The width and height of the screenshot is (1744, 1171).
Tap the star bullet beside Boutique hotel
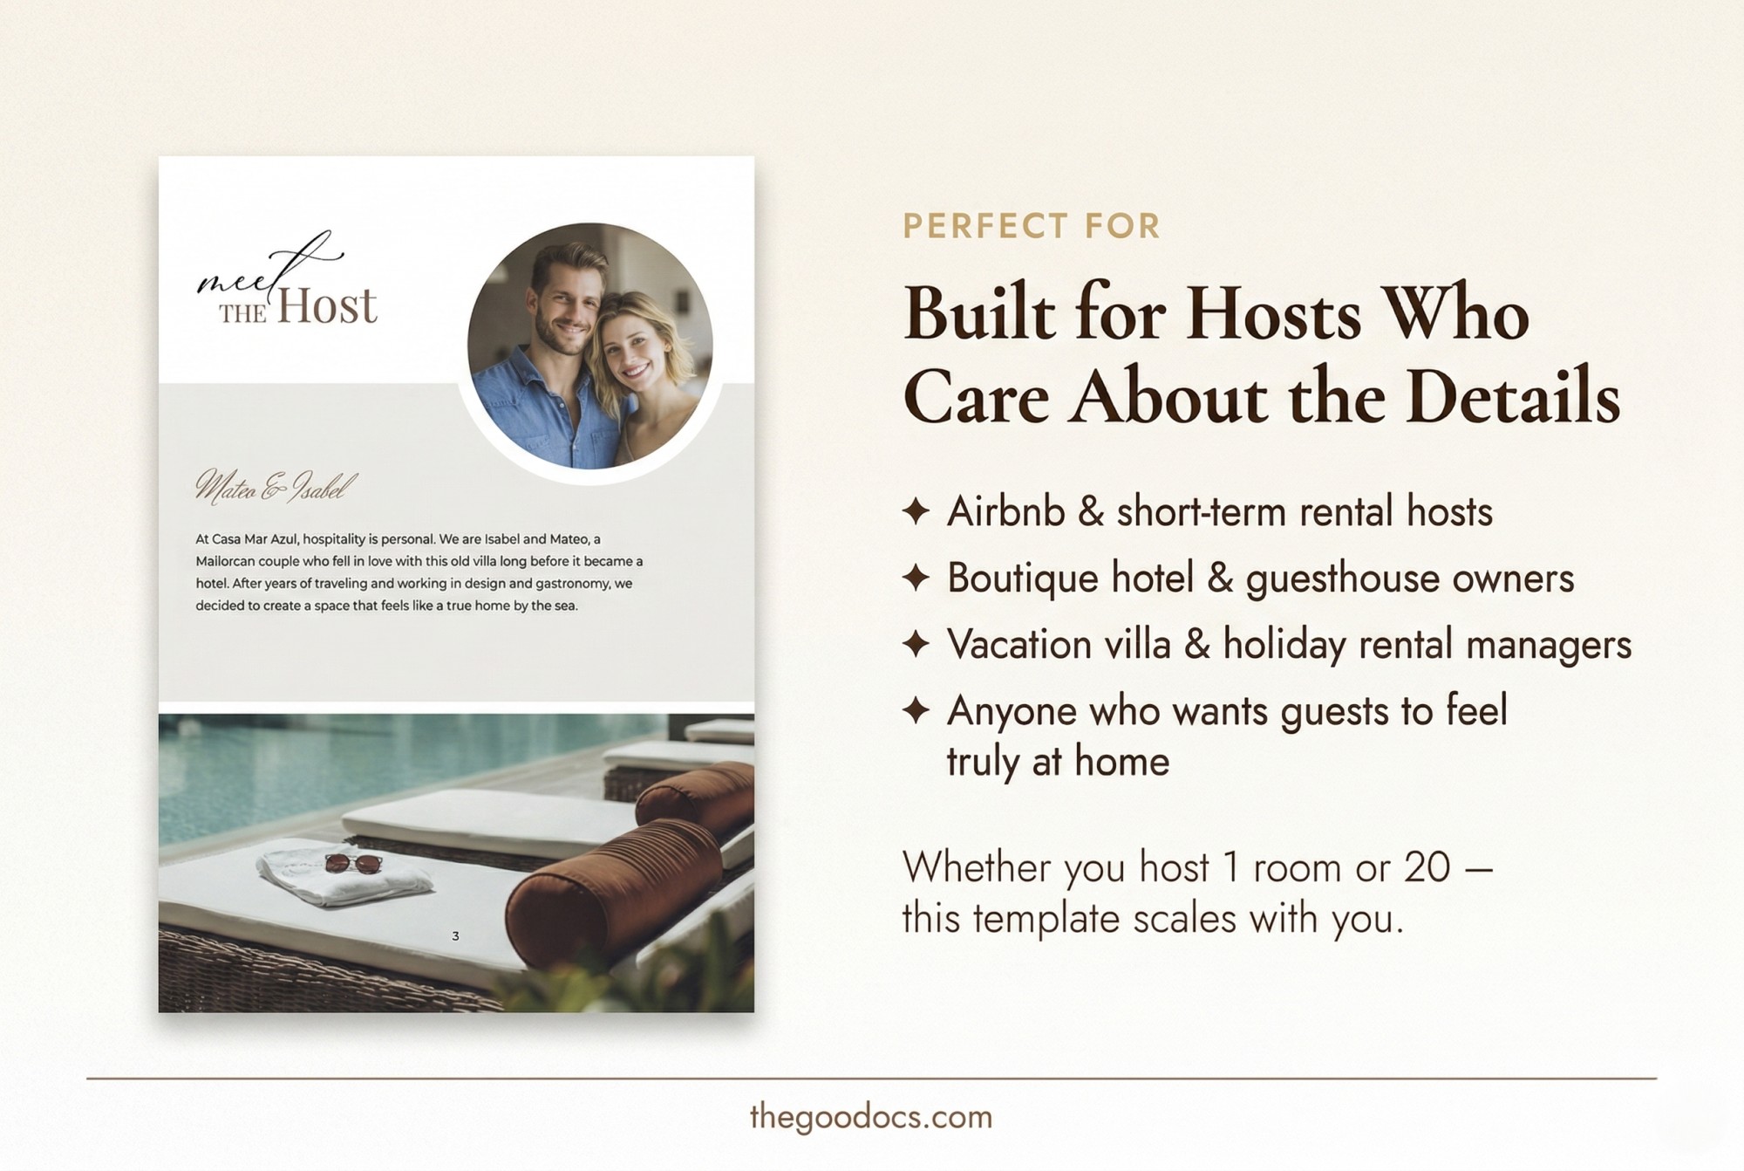916,578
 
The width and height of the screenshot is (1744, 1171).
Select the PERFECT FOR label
1031,227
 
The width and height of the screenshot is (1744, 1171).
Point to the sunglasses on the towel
353,864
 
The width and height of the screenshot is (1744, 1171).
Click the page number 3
455,936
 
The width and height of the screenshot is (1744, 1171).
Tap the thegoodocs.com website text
871,1117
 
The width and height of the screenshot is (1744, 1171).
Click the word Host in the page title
327,306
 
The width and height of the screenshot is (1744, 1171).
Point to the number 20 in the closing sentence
1427,867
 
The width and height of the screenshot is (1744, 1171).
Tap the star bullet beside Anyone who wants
916,710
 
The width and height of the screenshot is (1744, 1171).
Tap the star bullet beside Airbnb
916,511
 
